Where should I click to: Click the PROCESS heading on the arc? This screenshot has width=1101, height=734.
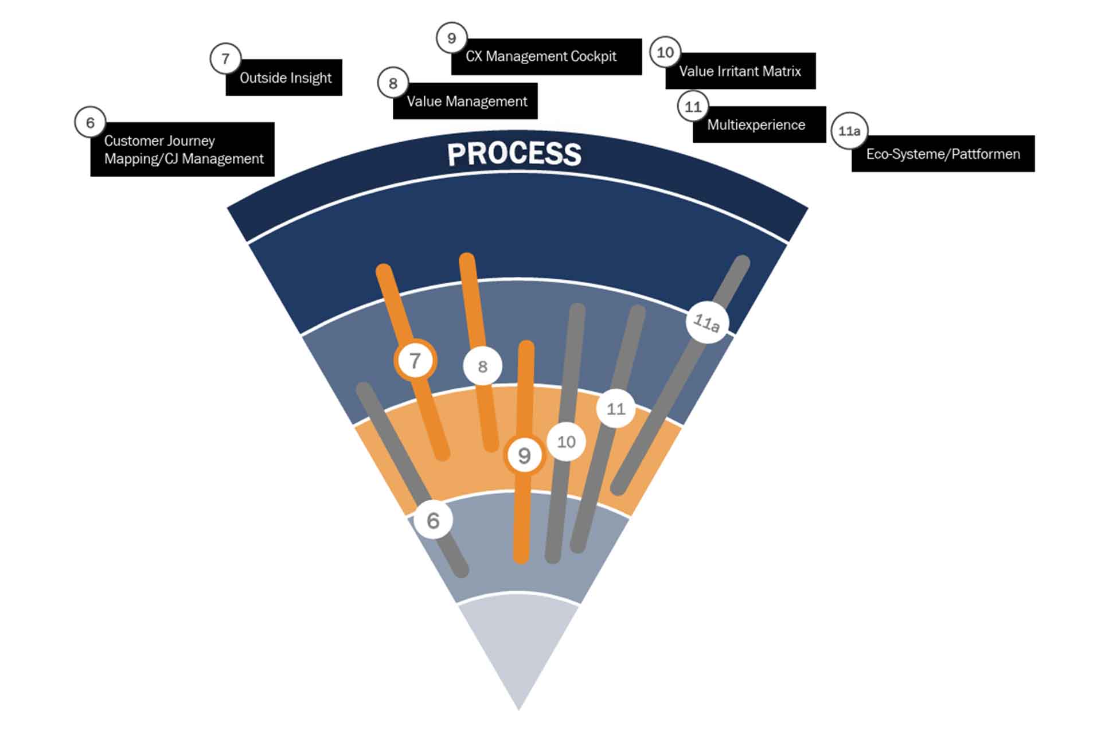point(514,154)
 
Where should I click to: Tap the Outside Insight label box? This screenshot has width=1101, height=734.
point(284,77)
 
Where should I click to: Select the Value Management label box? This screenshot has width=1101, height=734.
point(466,101)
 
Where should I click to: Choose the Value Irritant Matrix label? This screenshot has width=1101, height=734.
point(740,71)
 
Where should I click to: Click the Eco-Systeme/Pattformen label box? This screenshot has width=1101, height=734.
point(943,154)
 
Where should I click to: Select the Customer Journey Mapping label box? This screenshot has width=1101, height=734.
point(182,149)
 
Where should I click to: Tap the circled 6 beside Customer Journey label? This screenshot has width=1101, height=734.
point(90,122)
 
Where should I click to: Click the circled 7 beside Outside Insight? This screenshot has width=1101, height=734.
point(225,58)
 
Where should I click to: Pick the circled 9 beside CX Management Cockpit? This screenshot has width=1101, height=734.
point(451,38)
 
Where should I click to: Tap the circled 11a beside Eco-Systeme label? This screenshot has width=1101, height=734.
point(849,131)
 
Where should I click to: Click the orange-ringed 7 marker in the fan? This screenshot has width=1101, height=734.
point(415,361)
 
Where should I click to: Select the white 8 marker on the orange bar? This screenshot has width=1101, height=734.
point(482,366)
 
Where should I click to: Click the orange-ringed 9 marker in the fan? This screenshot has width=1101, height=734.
point(524,455)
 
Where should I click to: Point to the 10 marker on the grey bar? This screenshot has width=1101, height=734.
point(566,442)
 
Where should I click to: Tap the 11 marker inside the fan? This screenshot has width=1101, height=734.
point(616,409)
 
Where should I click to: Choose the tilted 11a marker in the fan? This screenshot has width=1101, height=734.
point(707,322)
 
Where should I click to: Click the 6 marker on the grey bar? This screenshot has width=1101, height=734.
point(434,520)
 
